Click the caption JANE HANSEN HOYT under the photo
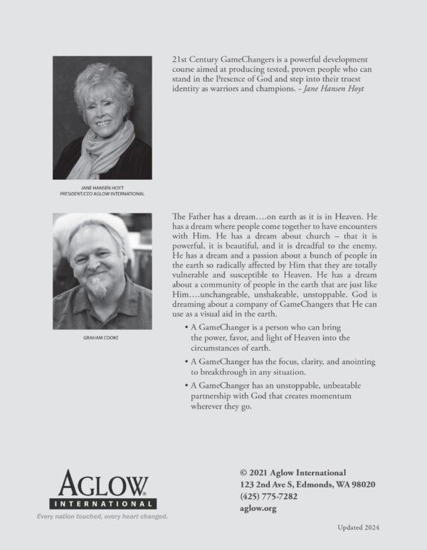pyautogui.click(x=102, y=187)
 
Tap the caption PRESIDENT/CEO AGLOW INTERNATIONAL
pyautogui.click(x=102, y=194)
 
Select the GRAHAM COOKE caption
pyautogui.click(x=102, y=337)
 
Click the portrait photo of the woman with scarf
pyautogui.click(x=102, y=117)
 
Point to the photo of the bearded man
pyautogui.click(x=102, y=271)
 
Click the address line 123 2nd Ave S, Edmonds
pyautogui.click(x=307, y=484)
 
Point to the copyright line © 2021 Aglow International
pyautogui.click(x=293, y=472)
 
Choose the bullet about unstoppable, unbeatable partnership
pyautogui.click(x=278, y=395)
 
